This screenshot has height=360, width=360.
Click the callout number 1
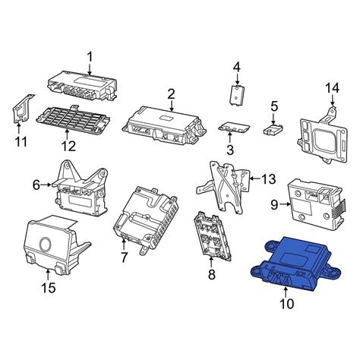click(90, 57)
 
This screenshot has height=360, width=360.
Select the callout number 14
click(332, 88)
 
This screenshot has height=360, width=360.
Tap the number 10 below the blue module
click(287, 304)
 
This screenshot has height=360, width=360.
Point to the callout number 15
click(48, 288)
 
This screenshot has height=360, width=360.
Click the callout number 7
click(124, 257)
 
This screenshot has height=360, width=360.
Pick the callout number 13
click(268, 179)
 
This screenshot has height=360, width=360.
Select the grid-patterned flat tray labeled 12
click(74, 119)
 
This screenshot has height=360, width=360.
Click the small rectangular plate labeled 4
click(238, 95)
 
